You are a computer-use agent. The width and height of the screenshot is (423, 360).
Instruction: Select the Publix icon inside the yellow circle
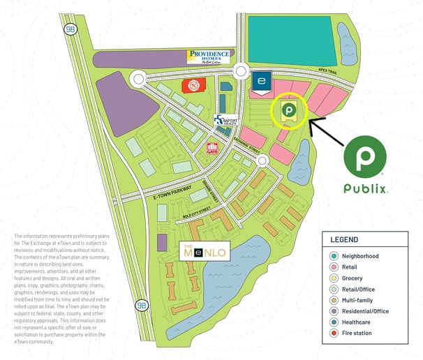click(287, 110)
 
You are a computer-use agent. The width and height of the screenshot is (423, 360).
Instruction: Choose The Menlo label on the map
click(203, 253)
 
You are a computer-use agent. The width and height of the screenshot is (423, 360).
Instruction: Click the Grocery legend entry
click(352, 278)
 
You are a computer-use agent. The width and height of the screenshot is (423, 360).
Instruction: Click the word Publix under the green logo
click(365, 189)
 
